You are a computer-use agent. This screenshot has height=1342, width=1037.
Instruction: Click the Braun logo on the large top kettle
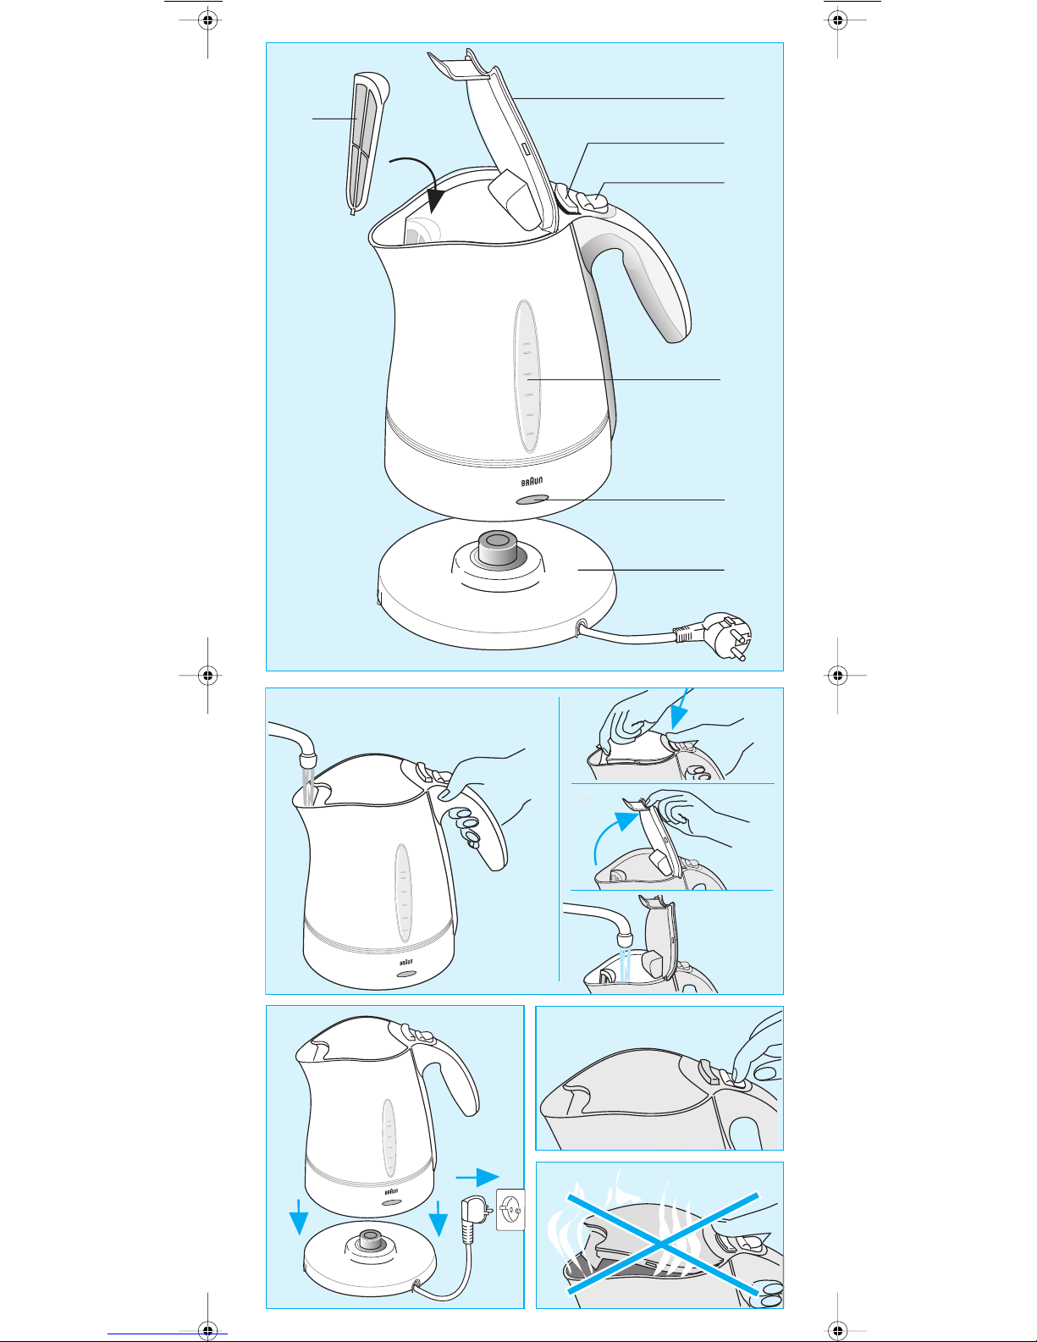[x=532, y=481]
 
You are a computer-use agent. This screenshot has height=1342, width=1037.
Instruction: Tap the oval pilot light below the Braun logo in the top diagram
[x=532, y=500]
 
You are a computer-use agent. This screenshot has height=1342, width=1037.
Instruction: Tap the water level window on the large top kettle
[x=527, y=376]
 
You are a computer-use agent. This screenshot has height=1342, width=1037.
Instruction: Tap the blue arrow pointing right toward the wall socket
[x=477, y=1177]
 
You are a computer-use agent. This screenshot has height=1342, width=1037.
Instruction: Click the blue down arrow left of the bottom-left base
[x=299, y=1218]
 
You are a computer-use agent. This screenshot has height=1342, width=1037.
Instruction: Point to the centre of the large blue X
[x=662, y=1242]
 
